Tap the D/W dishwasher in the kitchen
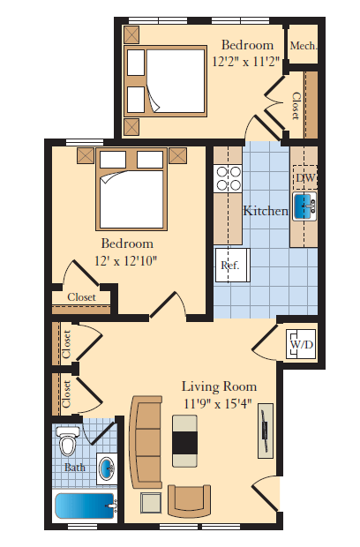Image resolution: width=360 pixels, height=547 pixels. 304,179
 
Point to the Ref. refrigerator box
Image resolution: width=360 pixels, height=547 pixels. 230,264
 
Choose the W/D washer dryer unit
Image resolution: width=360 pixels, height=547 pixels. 301,343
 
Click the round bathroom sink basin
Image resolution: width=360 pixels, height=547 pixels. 107,466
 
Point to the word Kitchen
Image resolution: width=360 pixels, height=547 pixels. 266,211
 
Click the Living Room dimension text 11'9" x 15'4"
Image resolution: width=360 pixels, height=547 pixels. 218,403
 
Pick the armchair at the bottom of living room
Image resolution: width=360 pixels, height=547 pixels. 190,502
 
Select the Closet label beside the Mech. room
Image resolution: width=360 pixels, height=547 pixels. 295,106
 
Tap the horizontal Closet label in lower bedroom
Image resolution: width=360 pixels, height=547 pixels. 81,297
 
